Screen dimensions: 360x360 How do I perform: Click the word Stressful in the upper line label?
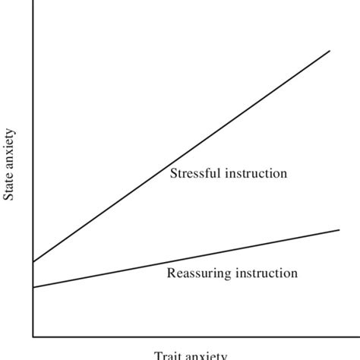click(x=193, y=173)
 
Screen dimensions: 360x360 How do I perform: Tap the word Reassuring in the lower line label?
click(x=200, y=273)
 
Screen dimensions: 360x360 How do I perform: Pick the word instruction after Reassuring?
click(x=267, y=273)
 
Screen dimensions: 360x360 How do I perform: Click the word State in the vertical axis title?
click(x=10, y=187)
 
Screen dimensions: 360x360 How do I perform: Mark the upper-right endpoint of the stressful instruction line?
click(x=330, y=51)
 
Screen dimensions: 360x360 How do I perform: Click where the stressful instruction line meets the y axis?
click(x=33, y=262)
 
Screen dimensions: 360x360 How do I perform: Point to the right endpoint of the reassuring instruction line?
click(x=339, y=229)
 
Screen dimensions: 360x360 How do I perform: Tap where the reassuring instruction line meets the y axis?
click(x=33, y=287)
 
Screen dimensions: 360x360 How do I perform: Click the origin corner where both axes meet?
click(x=33, y=336)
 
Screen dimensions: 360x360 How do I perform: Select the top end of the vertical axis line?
click(x=33, y=2)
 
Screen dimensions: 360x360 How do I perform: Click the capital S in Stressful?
click(x=172, y=173)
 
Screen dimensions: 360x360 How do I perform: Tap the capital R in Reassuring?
click(x=170, y=273)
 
